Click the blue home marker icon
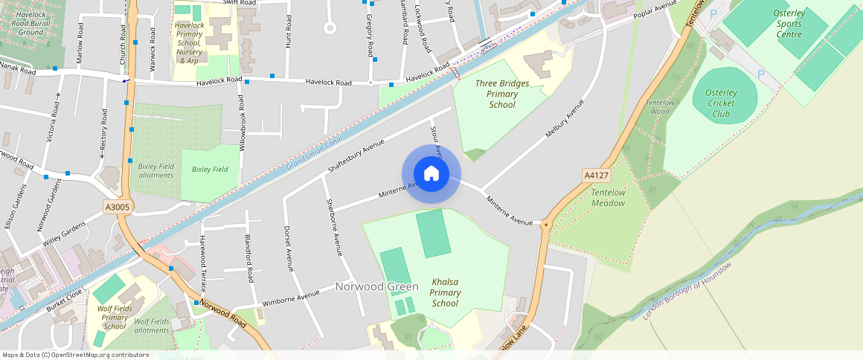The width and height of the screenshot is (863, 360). coord(431,174)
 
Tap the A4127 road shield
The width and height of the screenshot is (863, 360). coord(596,175)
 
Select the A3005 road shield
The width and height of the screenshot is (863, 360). coord(118,208)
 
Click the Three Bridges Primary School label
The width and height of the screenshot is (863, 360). coord(502,94)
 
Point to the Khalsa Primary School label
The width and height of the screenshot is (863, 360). coord(445,292)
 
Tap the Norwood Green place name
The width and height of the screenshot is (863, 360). coord(376,286)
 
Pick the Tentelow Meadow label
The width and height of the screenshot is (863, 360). coord(608,198)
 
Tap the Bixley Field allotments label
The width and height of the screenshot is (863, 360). coord(156,170)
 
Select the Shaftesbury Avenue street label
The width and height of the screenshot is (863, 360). coord(356,157)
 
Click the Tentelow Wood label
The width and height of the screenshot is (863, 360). coord(659,107)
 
